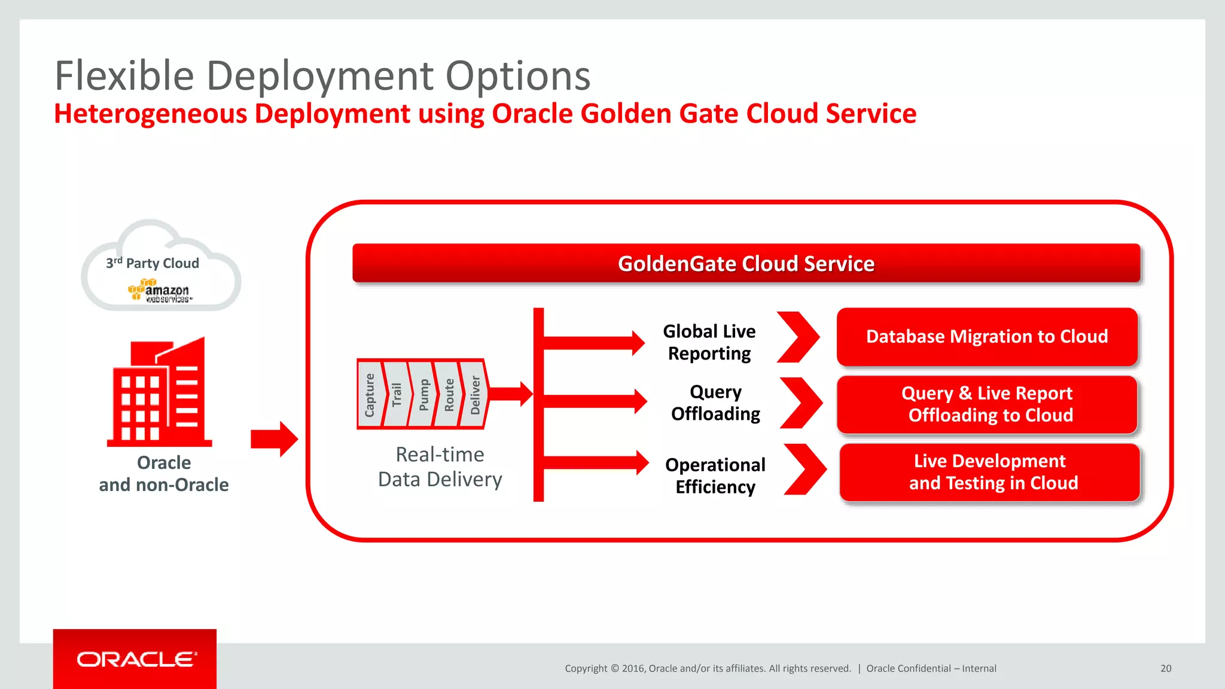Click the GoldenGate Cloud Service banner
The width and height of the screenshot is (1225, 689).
click(x=746, y=263)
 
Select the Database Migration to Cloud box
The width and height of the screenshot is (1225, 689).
click(x=987, y=337)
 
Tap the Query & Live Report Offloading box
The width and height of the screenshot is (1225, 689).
click(x=987, y=404)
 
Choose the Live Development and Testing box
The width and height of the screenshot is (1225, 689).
click(x=990, y=472)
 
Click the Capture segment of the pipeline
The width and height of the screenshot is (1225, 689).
click(x=370, y=395)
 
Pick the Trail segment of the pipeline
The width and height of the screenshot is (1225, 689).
click(x=396, y=395)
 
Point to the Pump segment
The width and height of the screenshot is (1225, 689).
click(x=423, y=395)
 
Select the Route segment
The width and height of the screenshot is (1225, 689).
click(x=449, y=395)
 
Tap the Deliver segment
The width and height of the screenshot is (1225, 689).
click(x=475, y=395)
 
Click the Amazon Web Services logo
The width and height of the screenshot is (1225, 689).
click(x=160, y=291)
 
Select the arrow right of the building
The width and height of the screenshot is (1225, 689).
click(x=274, y=439)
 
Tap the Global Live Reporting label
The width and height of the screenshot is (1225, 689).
click(x=709, y=342)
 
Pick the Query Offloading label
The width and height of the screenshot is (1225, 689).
click(x=715, y=403)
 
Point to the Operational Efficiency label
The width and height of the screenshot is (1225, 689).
click(x=715, y=475)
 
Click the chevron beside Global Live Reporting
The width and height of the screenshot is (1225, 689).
click(x=799, y=337)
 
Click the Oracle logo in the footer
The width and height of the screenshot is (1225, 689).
click(x=136, y=659)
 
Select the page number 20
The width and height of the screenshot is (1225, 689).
click(x=1166, y=669)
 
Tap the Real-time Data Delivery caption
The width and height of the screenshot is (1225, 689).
click(x=440, y=467)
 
